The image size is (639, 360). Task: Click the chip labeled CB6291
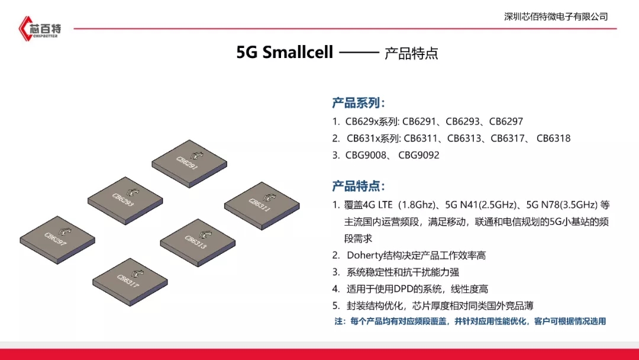(x=189, y=163)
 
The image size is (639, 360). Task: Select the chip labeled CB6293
(x=125, y=201)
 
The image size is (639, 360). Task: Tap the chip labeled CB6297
(x=57, y=240)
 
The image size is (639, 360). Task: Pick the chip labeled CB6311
(x=262, y=206)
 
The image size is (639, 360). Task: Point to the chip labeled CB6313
(x=198, y=243)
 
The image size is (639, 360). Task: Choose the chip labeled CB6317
(x=130, y=282)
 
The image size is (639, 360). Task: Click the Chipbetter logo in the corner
(x=40, y=28)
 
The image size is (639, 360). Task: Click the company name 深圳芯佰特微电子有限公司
(x=556, y=17)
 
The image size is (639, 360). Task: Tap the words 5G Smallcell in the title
(x=285, y=52)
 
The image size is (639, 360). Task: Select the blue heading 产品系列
(x=358, y=103)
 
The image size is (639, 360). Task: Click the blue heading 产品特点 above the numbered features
(x=358, y=186)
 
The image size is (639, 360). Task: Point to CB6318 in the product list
(x=553, y=138)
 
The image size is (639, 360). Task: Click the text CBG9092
(x=419, y=155)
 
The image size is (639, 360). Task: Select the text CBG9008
(x=366, y=155)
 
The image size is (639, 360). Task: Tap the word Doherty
(x=364, y=256)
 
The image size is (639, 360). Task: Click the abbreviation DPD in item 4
(x=403, y=289)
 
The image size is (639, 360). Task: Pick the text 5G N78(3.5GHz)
(x=562, y=205)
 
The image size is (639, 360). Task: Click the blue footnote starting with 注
(x=470, y=322)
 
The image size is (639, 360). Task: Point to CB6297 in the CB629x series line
(x=506, y=121)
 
